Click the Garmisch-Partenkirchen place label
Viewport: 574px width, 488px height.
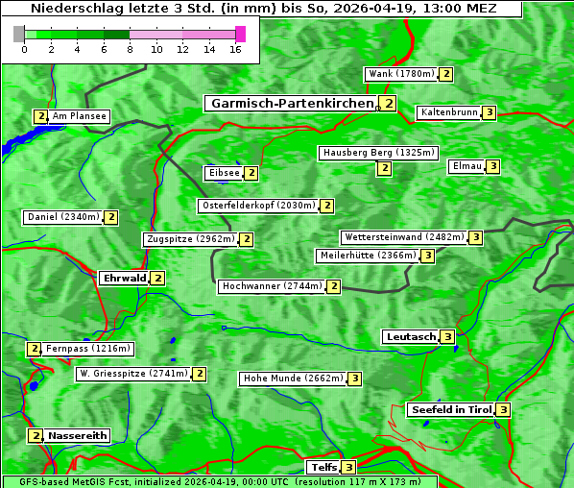(x=292, y=103)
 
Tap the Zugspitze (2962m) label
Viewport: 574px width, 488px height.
(x=190, y=239)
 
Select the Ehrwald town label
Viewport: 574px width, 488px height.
(x=124, y=279)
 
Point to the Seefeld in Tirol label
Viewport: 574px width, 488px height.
(x=450, y=410)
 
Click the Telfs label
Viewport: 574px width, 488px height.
(x=323, y=468)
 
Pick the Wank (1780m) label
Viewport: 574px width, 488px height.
(x=401, y=74)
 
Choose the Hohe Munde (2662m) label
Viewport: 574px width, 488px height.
(x=293, y=378)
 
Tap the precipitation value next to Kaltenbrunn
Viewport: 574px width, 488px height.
(x=489, y=112)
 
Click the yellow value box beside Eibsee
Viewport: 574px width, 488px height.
(x=251, y=173)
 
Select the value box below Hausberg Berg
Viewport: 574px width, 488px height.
(x=384, y=168)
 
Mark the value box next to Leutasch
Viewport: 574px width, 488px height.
(x=446, y=336)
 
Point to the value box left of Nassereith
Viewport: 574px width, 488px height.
(x=36, y=435)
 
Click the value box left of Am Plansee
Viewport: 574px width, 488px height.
(x=40, y=116)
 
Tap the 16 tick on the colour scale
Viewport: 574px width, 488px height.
(x=235, y=50)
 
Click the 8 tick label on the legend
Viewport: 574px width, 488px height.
(x=130, y=50)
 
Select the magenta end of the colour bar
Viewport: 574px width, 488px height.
(x=240, y=34)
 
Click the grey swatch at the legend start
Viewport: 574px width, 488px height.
(x=19, y=34)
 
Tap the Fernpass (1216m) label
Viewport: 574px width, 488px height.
(x=88, y=349)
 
